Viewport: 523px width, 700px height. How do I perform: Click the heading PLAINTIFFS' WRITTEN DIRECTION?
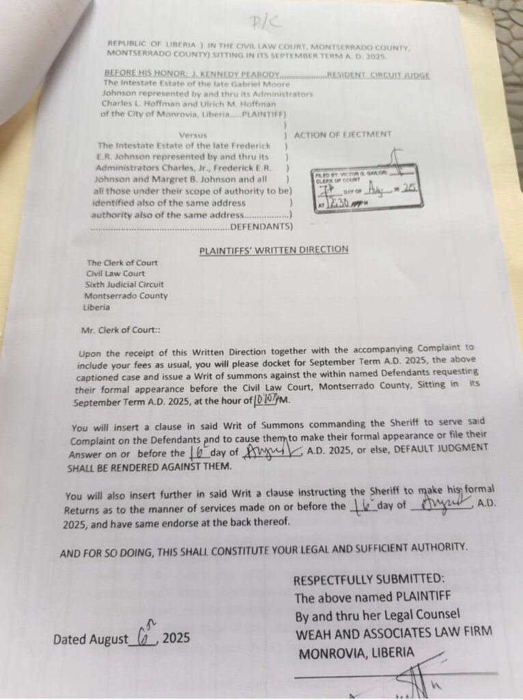click(273, 250)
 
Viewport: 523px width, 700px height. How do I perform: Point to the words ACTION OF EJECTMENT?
click(343, 134)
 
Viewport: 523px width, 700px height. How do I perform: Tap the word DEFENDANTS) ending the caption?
click(262, 226)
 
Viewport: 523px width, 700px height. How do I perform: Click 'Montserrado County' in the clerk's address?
click(126, 296)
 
